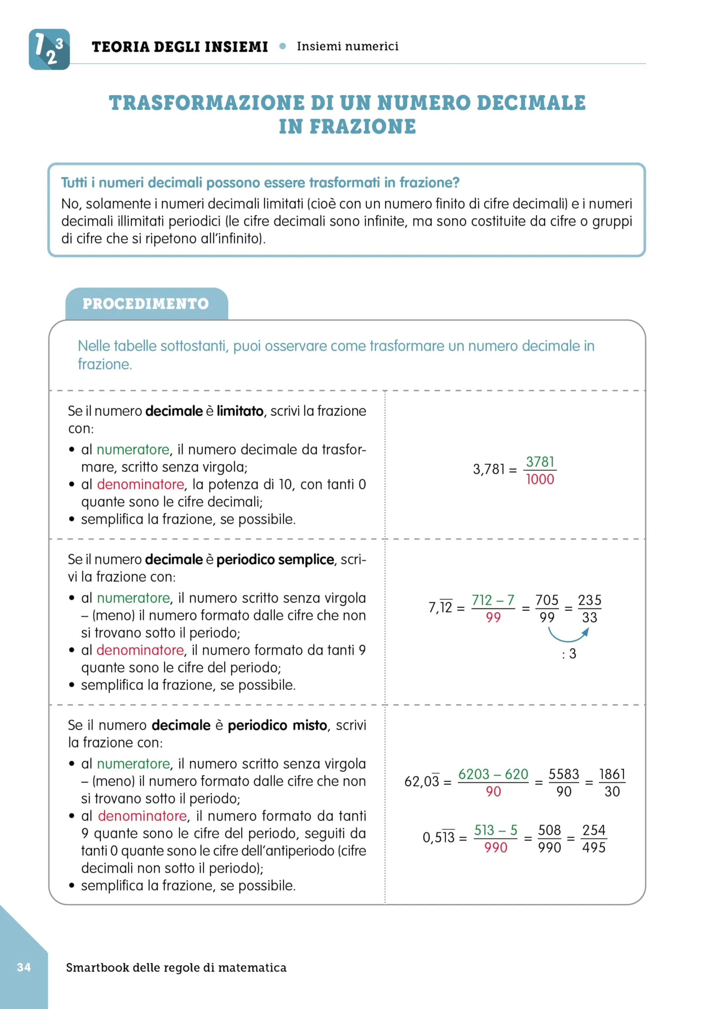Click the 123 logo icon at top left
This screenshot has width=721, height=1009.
[49, 49]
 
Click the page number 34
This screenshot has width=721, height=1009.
[24, 967]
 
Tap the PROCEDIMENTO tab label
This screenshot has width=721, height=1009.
[146, 304]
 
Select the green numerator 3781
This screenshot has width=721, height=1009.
[540, 462]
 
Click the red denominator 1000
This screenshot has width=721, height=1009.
[540, 480]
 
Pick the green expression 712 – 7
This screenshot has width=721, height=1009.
[493, 600]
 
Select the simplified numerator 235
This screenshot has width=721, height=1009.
[589, 600]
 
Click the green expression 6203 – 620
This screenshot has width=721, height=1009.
[493, 774]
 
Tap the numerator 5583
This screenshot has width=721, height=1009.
[563, 774]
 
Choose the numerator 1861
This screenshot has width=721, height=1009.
[612, 774]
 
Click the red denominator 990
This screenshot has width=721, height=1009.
[496, 847]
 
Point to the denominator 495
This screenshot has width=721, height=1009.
[594, 847]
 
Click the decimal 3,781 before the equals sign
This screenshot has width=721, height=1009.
[489, 469]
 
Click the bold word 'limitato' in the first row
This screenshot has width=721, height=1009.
[240, 411]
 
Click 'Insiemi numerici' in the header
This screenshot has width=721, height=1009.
[347, 46]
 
